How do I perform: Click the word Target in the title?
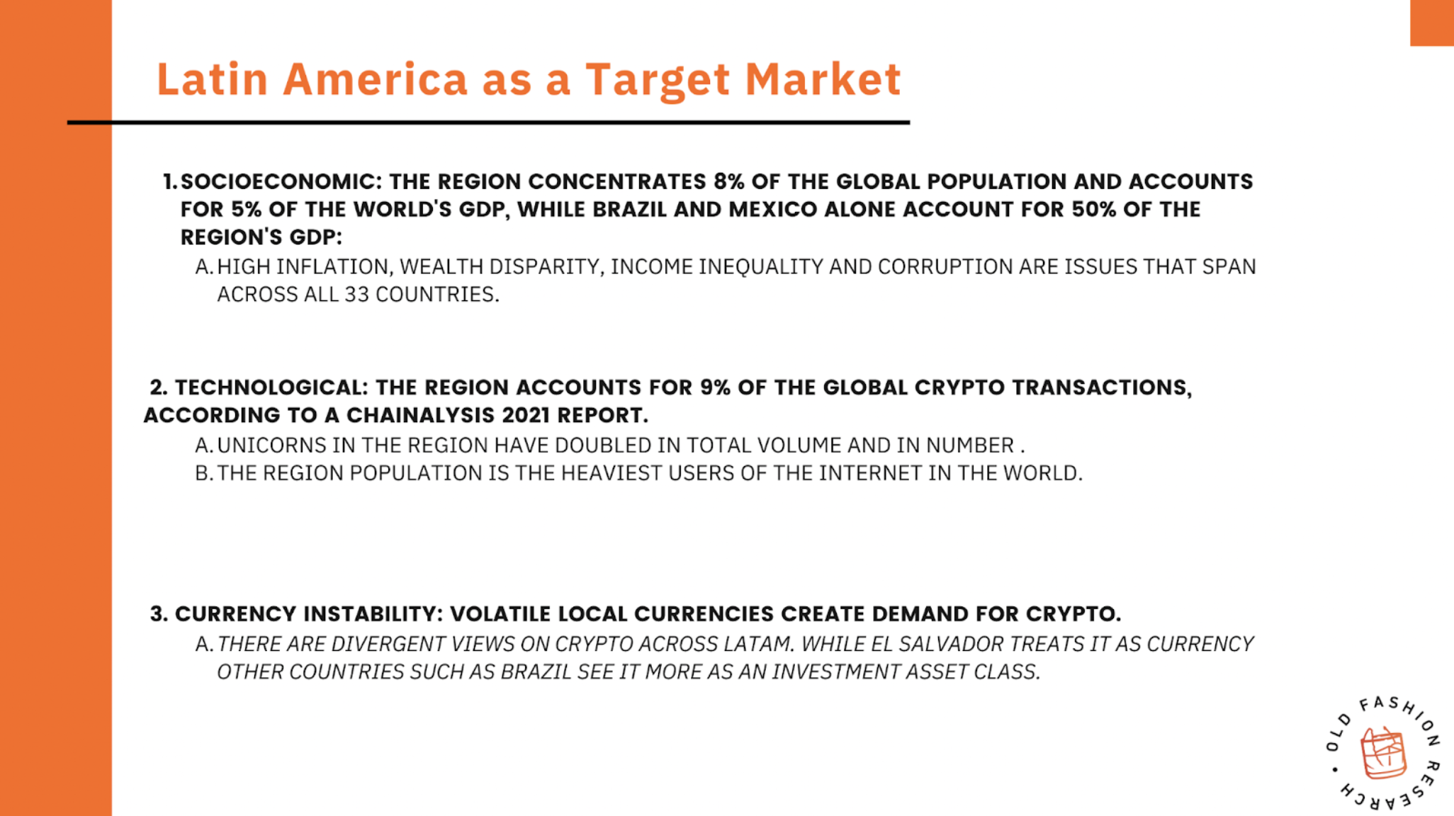658,80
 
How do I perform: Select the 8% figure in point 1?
729,181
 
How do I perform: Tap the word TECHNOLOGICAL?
271,388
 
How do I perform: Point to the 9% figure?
715,387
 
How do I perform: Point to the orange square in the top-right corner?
1432,23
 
